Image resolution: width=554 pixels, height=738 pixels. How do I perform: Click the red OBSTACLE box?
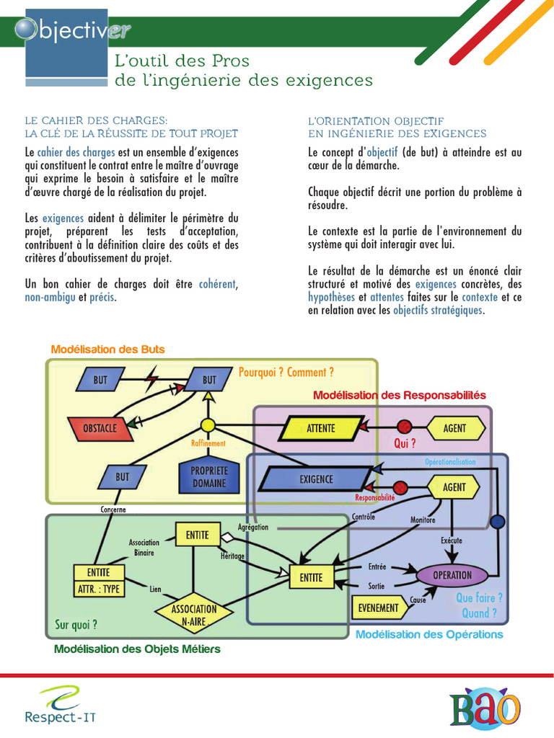(x=100, y=428)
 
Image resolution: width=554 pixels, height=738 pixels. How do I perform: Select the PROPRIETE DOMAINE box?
(x=208, y=476)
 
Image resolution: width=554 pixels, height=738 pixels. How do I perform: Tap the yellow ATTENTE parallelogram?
(x=320, y=428)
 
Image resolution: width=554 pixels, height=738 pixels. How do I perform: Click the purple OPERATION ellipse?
(x=452, y=575)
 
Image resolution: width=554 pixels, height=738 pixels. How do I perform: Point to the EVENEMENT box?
(x=378, y=608)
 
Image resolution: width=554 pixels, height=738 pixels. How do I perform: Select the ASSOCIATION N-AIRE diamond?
(x=194, y=615)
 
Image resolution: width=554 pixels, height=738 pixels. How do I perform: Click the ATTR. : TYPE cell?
(x=99, y=589)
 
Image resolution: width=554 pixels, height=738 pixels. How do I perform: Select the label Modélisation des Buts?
(x=108, y=350)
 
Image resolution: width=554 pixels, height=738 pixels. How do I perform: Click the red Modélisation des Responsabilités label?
(x=400, y=396)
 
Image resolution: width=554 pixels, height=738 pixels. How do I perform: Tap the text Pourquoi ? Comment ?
(x=286, y=373)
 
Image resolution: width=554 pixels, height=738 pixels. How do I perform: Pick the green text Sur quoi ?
(x=76, y=624)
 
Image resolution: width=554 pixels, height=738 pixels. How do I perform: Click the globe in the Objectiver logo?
(x=27, y=28)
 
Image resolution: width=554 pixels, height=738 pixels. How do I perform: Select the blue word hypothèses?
(x=331, y=297)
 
